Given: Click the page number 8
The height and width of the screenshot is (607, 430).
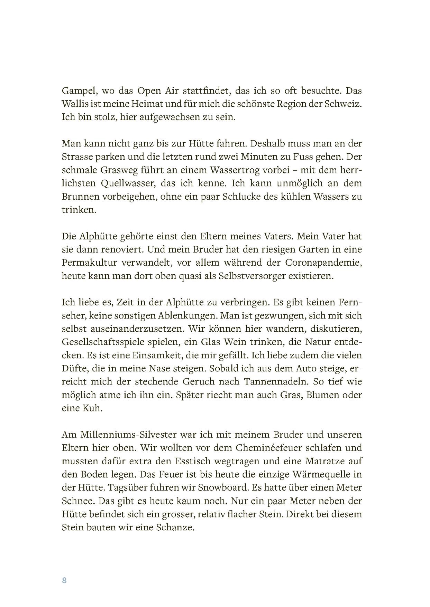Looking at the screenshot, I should pos(64,580).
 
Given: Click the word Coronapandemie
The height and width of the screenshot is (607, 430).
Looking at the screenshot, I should pos(323,263).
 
